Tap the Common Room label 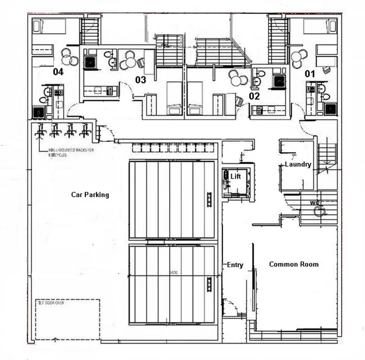tap(294, 264)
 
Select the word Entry tap(235, 265)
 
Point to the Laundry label tap(298, 165)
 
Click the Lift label tap(235, 176)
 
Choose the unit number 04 tap(58, 72)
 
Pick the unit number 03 tap(140, 79)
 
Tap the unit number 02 tap(254, 96)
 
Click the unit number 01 tap(310, 74)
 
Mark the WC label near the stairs tap(316, 203)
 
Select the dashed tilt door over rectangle tap(67, 319)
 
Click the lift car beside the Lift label tap(227, 182)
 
